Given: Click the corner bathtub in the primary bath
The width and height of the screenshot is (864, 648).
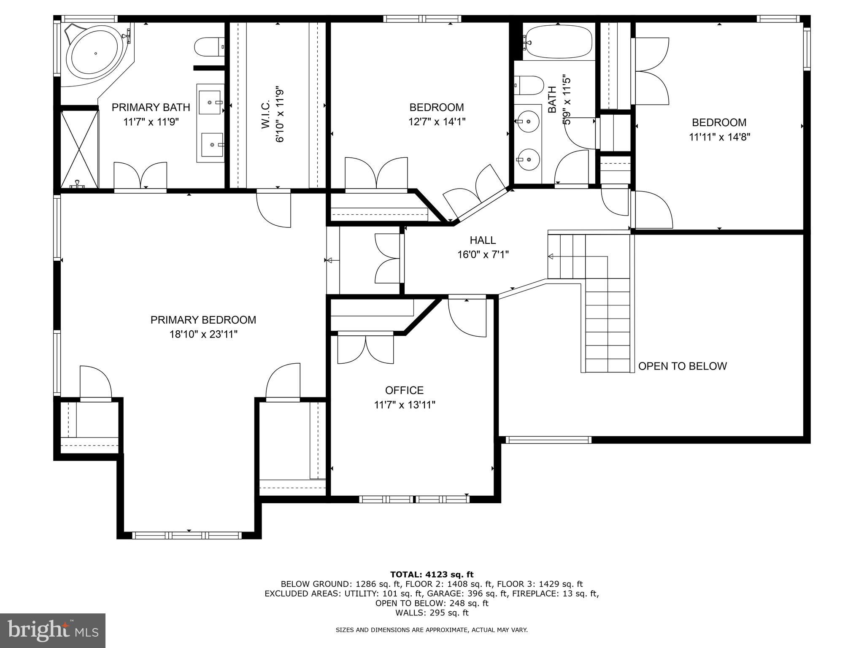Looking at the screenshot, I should pyautogui.click(x=96, y=54).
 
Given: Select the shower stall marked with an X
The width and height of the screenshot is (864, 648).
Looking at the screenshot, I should pyautogui.click(x=80, y=149).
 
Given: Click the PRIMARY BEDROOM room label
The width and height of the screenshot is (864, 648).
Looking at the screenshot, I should pyautogui.click(x=203, y=320).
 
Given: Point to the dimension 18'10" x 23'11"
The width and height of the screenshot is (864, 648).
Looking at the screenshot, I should pyautogui.click(x=203, y=335).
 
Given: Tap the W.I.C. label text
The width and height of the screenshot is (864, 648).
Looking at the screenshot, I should pyautogui.click(x=266, y=115).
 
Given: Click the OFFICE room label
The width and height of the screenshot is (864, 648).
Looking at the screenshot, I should pyautogui.click(x=404, y=390).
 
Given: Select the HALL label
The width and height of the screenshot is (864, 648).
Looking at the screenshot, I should pyautogui.click(x=483, y=240).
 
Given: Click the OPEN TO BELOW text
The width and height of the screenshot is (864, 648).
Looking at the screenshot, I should pyautogui.click(x=682, y=366).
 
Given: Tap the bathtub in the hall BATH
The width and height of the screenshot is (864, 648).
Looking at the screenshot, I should pyautogui.click(x=558, y=42).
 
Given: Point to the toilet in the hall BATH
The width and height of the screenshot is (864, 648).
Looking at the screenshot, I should pyautogui.click(x=529, y=86).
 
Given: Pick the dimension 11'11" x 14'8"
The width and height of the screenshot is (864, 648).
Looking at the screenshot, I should pyautogui.click(x=719, y=137).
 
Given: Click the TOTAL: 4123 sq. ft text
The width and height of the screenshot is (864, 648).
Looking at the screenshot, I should pyautogui.click(x=432, y=574).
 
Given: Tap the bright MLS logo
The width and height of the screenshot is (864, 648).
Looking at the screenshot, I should pyautogui.click(x=53, y=630).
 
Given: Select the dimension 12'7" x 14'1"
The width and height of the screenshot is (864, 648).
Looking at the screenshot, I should pyautogui.click(x=437, y=122).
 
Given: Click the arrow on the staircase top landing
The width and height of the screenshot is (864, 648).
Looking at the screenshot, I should pyautogui.click(x=551, y=256).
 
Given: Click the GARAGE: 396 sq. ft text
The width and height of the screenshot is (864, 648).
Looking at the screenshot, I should pyautogui.click(x=472, y=594).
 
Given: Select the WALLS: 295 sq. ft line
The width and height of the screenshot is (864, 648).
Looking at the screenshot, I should pyautogui.click(x=432, y=613).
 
